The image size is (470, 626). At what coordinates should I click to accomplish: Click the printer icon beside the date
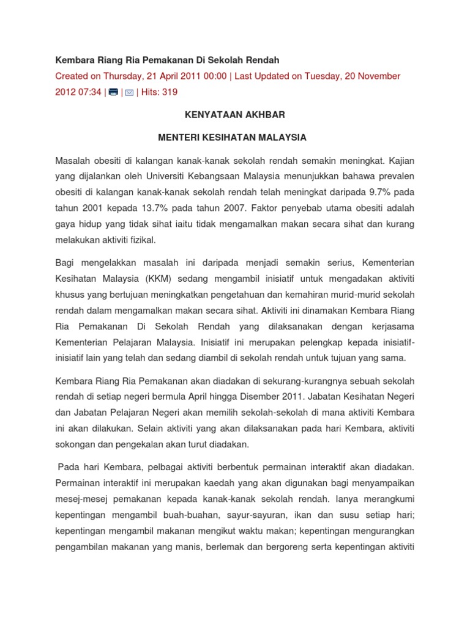(113, 92)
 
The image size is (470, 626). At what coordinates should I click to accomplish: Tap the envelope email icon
(129, 92)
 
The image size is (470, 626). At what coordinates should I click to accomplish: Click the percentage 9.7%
(375, 193)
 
